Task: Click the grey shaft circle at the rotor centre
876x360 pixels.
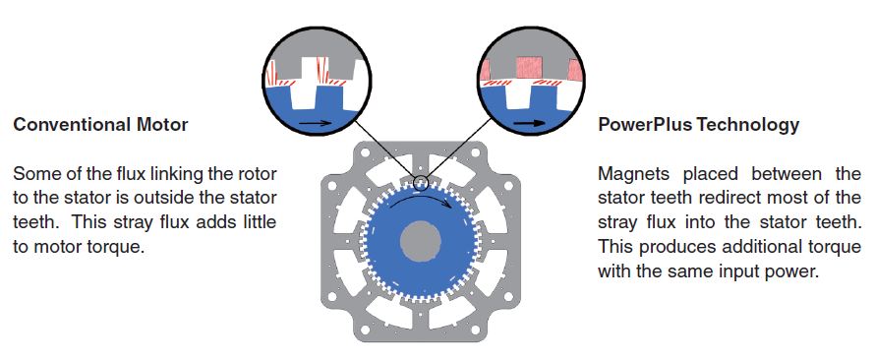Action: click(421, 241)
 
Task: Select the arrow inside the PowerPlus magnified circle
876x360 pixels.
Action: click(529, 124)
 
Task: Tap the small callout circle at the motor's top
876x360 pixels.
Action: click(420, 183)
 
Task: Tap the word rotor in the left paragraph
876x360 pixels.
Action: click(255, 174)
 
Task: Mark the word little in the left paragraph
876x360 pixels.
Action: click(260, 223)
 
